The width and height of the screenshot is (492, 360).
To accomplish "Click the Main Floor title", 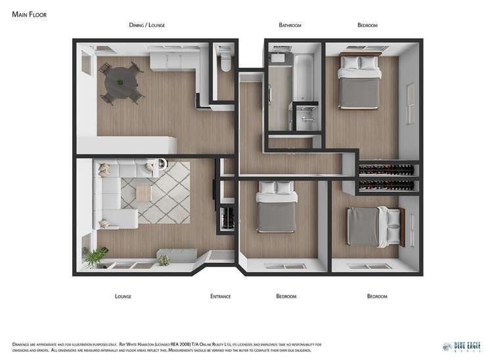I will tap(29, 13).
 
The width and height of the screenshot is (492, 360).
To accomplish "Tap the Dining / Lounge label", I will tap(146, 25).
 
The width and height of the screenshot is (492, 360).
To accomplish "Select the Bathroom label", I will tap(290, 25).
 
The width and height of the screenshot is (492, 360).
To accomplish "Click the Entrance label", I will tap(220, 296).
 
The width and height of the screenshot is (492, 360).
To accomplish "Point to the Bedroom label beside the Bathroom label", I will tap(367, 25).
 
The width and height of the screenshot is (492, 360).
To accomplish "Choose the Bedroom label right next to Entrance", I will tap(286, 296).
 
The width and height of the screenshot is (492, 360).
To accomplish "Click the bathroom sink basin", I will tap(277, 58).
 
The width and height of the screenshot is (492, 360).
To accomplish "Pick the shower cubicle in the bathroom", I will tap(306, 119).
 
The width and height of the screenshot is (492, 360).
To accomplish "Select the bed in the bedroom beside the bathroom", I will tap(358, 82).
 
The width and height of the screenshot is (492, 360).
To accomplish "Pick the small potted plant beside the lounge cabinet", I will tap(164, 259).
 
